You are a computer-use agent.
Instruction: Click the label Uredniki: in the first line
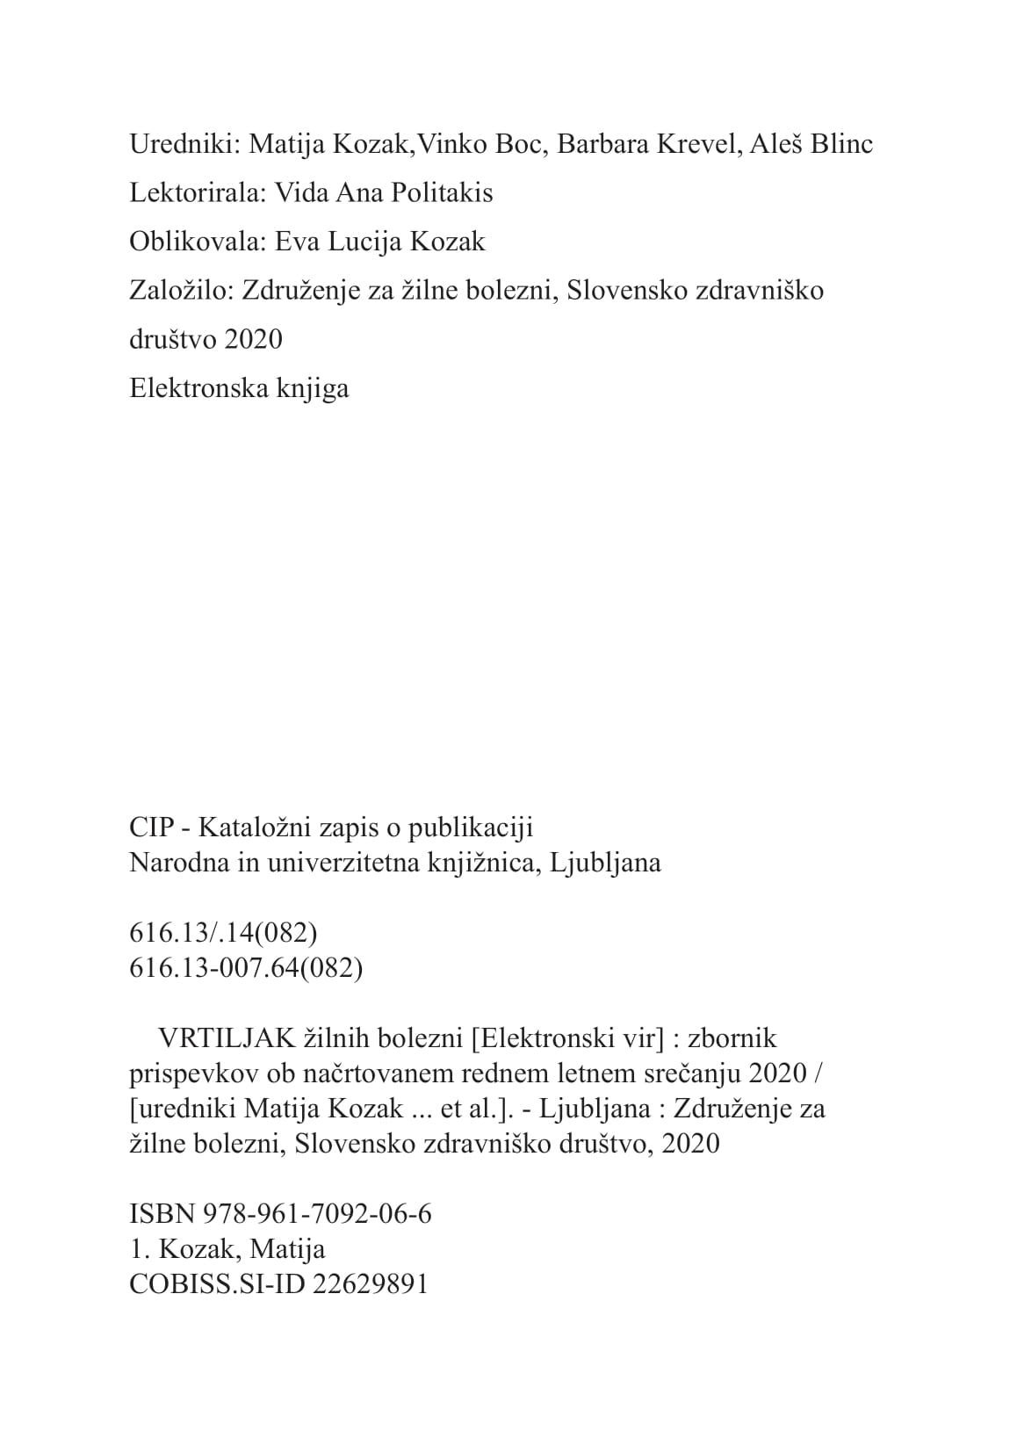point(185,144)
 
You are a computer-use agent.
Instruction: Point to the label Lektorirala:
point(198,192)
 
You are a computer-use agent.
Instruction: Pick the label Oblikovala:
point(198,242)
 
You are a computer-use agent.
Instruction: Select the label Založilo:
point(180,290)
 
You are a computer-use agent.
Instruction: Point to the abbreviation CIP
point(151,828)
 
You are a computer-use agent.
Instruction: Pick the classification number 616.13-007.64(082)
point(246,968)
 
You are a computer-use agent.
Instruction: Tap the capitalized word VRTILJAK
point(227,1038)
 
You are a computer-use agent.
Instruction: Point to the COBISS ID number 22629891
point(370,1284)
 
